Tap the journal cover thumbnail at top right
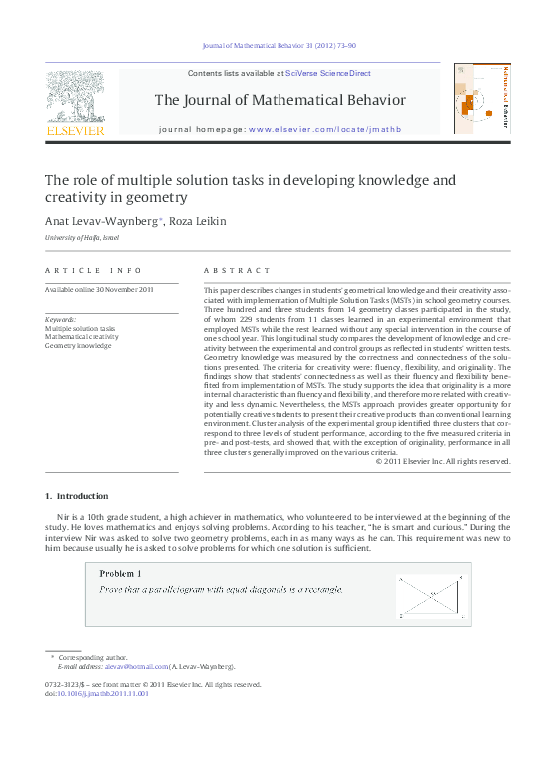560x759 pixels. click(x=481, y=99)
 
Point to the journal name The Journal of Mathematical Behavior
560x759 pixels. click(x=280, y=100)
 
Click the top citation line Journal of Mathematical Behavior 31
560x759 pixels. click(x=280, y=46)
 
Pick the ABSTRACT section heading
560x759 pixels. click(x=237, y=271)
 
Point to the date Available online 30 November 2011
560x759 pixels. click(x=99, y=290)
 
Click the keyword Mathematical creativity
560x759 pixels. click(x=81, y=337)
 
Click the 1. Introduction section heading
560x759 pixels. click(x=77, y=496)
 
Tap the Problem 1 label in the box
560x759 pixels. click(x=120, y=574)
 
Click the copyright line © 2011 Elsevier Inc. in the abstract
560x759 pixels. click(x=442, y=461)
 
